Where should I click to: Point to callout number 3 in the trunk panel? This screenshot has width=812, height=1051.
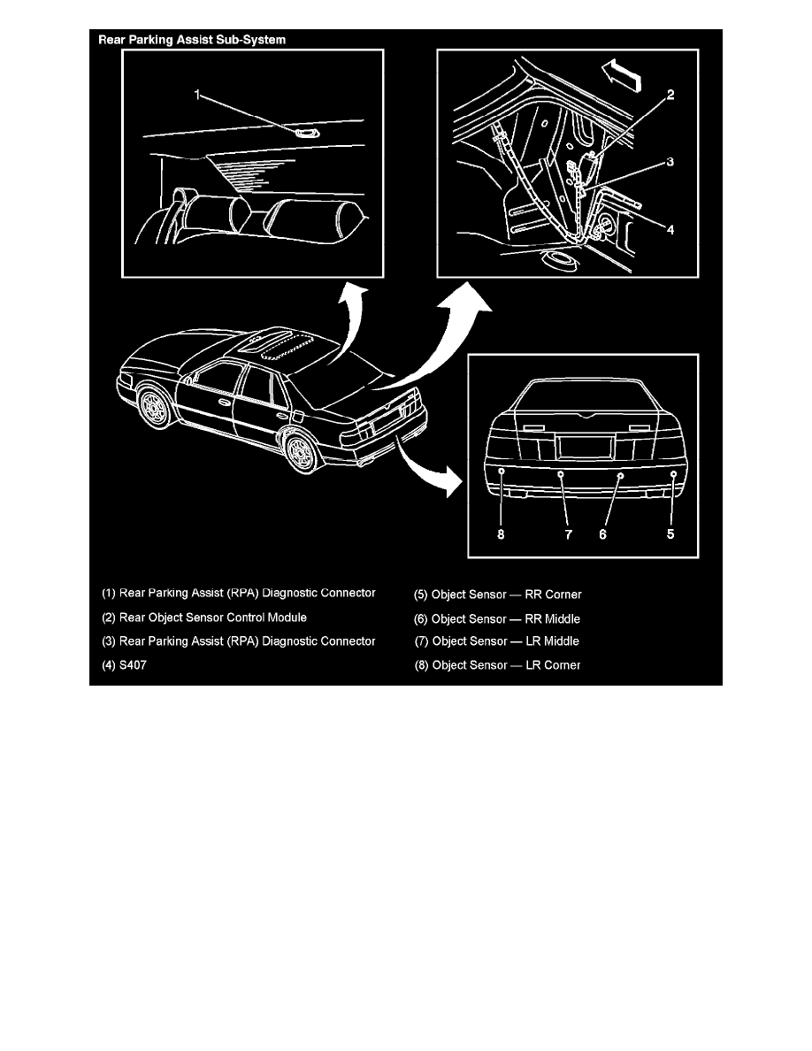670,162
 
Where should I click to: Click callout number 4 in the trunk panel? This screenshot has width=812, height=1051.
670,229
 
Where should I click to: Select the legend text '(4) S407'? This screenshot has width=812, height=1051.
124,665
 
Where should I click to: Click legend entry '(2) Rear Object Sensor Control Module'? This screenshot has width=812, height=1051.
204,618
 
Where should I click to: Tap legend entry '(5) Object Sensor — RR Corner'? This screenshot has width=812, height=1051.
498,595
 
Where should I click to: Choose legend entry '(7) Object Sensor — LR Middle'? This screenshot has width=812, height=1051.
497,641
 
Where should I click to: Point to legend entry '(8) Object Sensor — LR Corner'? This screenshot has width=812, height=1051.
497,665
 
